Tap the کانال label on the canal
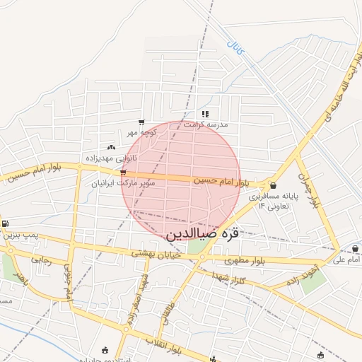click(235, 50)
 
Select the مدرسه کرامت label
click(206, 124)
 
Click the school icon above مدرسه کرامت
click(206, 114)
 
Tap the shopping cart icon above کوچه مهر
click(141, 122)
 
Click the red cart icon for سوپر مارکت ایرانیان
click(124, 172)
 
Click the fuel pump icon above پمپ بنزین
click(6, 224)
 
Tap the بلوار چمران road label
click(305, 189)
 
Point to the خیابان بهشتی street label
click(153, 252)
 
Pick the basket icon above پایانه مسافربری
click(273, 185)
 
